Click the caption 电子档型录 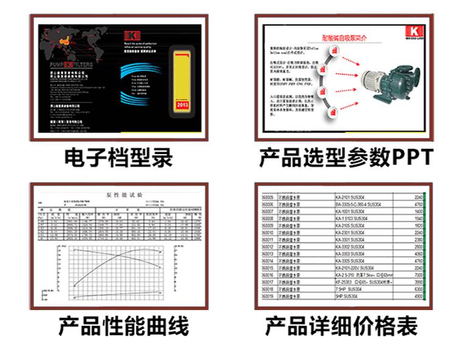(119, 158)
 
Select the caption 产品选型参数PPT (345, 158)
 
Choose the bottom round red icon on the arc (334, 113)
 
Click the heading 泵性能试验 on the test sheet (123, 195)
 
